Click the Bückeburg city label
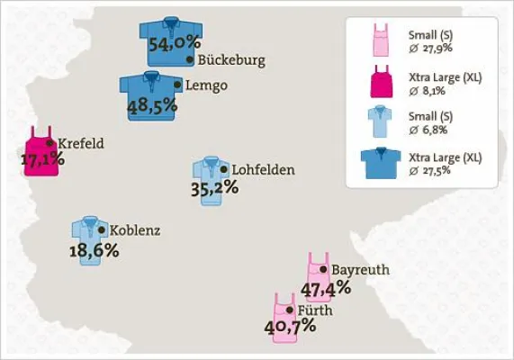click(231, 61)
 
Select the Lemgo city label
click(206, 85)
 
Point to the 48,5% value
click(152, 106)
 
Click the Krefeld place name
click(81, 143)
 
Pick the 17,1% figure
click(42, 160)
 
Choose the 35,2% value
click(214, 188)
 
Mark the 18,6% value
click(94, 250)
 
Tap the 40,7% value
click(290, 327)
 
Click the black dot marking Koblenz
click(101, 230)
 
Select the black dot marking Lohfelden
click(224, 169)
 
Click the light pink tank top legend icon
click(383, 41)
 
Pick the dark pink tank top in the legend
click(383, 82)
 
